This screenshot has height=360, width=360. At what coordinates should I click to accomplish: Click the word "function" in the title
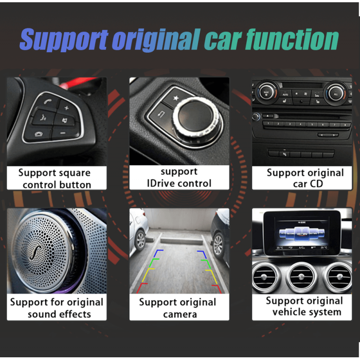[292, 40]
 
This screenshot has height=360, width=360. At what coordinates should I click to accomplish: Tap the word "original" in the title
[156, 40]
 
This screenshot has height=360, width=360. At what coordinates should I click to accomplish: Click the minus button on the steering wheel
[63, 133]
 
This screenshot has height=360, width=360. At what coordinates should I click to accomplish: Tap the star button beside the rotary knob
[176, 98]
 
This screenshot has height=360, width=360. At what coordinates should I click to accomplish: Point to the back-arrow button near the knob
[161, 114]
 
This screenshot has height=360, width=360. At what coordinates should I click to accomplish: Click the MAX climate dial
[266, 93]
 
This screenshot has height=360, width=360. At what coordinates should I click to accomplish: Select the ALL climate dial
[336, 94]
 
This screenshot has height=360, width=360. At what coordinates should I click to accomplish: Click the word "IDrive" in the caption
[161, 183]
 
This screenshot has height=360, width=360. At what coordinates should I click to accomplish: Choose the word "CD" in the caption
[317, 184]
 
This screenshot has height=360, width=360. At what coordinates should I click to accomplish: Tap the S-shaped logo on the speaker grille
[36, 252]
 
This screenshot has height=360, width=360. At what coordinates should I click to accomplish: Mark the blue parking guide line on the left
[158, 253]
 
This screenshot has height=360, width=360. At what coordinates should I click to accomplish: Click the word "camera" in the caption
[180, 314]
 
